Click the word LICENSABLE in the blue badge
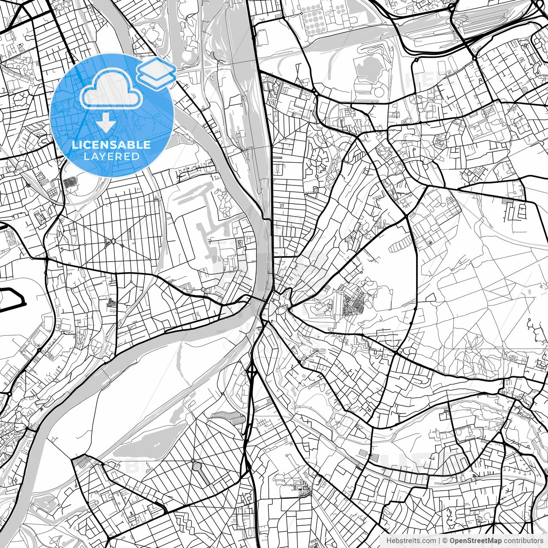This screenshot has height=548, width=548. (x=111, y=145)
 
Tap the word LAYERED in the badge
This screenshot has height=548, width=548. (x=111, y=156)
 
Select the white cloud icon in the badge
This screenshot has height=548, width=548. (x=111, y=90)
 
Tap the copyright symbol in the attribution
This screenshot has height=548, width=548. (x=445, y=541)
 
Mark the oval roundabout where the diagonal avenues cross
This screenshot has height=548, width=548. (x=113, y=242)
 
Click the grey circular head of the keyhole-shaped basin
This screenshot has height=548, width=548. (x=197, y=466)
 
